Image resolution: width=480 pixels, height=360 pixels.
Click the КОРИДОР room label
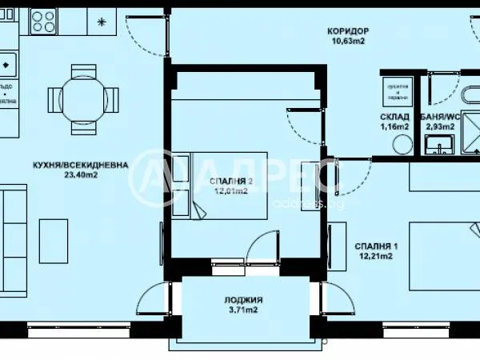346,31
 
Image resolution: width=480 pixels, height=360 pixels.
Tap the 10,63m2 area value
346,42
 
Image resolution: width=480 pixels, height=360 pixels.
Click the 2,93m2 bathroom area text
441,126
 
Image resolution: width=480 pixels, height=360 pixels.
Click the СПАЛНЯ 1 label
374,245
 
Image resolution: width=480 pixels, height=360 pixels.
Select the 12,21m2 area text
374,256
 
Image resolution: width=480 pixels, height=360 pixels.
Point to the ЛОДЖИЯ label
243,300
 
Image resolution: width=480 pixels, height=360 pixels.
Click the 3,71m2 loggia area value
243,310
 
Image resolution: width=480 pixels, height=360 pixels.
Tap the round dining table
83,98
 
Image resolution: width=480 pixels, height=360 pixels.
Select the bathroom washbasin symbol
438,146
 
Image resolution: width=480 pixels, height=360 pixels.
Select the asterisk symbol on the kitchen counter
101,22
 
